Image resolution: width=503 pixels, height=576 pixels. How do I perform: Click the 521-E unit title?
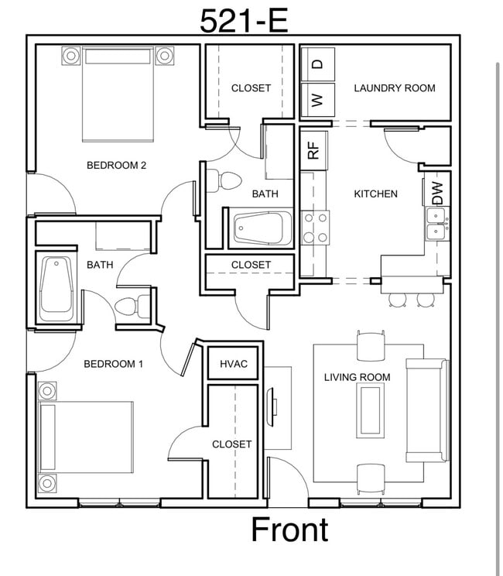pos(244,20)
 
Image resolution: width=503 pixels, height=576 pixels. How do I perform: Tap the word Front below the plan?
pos(289,530)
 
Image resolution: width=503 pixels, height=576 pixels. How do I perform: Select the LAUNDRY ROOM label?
pos(394,88)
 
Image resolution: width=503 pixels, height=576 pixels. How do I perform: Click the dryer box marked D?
pos(317,64)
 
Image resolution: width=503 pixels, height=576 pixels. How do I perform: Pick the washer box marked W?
pos(317,99)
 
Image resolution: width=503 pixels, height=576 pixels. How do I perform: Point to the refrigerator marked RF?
pos(313,148)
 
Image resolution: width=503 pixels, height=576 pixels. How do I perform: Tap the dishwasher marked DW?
pos(438,194)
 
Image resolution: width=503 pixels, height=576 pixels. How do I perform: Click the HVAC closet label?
pos(234,364)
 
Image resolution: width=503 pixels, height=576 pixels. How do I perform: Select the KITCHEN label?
pos(375,194)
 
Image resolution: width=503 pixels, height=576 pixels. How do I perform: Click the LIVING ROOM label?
pos(357,377)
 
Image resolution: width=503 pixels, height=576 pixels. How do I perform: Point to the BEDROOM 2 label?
pos(116,165)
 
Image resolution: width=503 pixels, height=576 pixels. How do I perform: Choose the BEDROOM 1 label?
pos(113,364)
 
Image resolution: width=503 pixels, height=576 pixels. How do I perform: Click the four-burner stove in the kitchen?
pos(315,228)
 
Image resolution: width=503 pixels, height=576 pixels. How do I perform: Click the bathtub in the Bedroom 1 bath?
pos(56,288)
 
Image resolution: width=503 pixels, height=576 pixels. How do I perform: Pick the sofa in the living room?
pos(426,410)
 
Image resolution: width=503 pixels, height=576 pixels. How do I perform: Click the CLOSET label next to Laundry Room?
pos(251,88)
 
